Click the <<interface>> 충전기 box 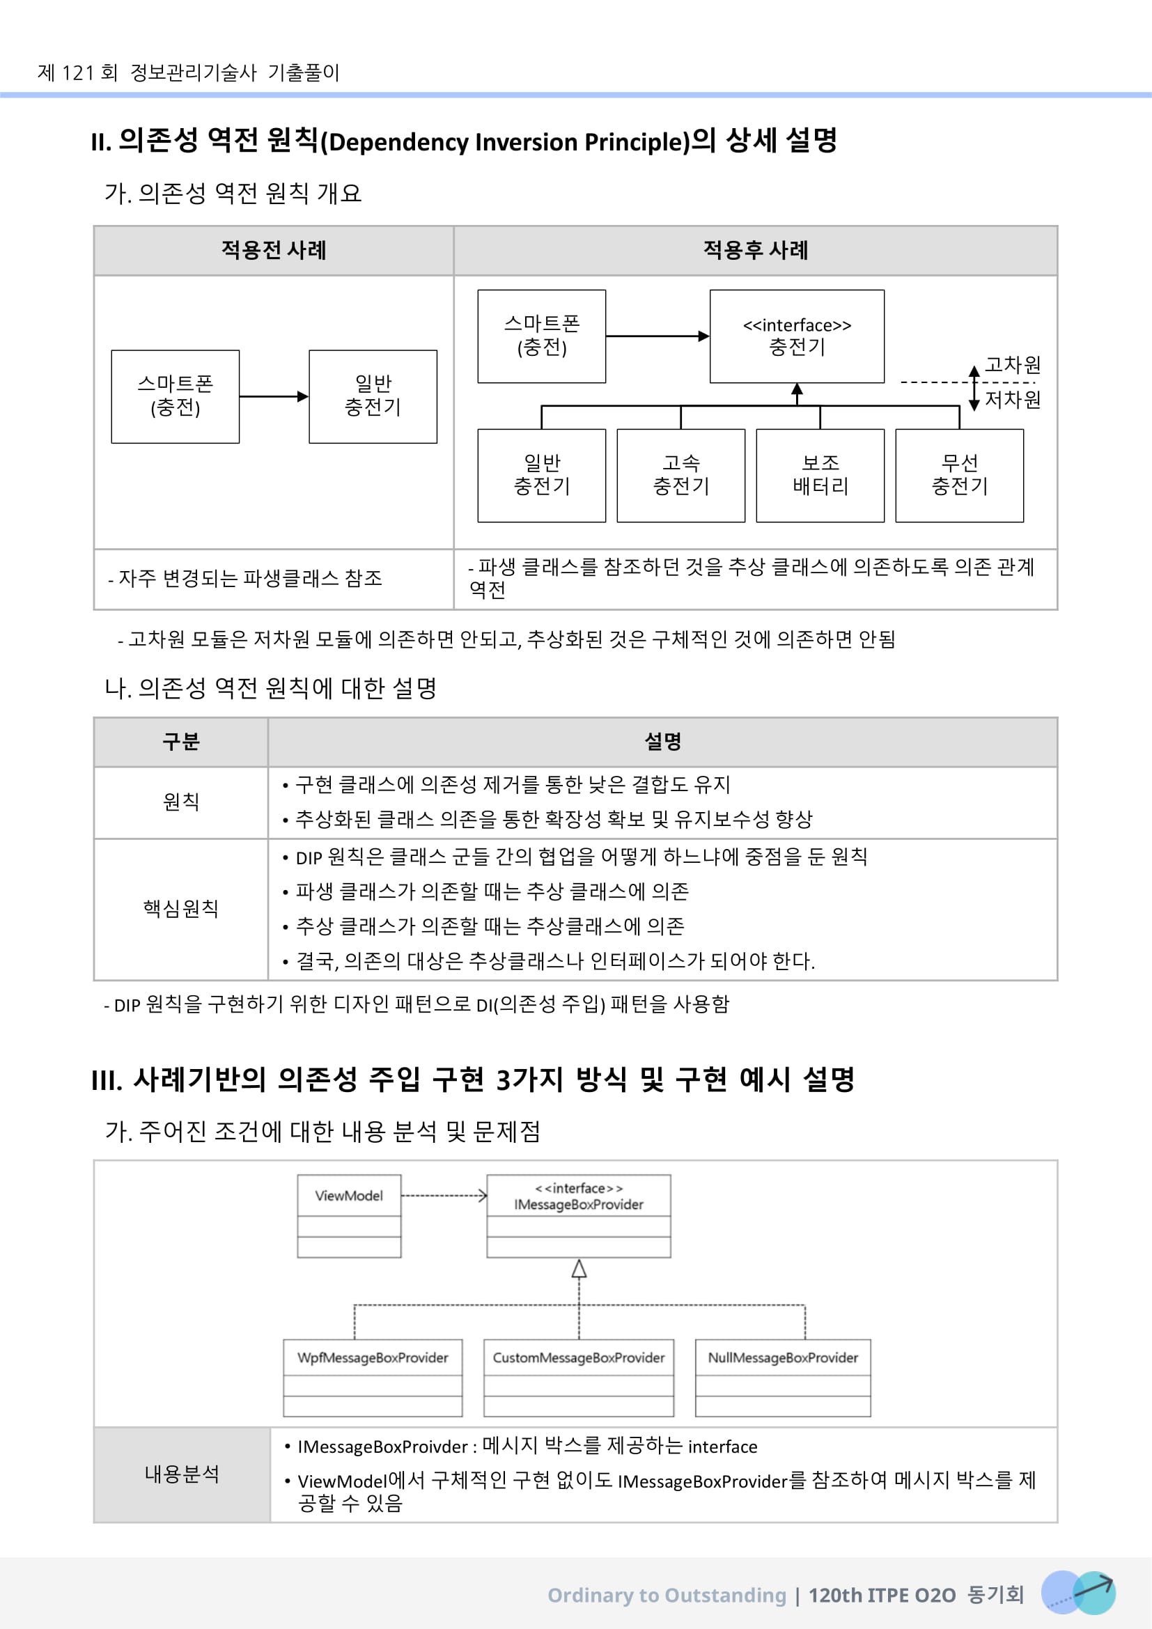click(797, 336)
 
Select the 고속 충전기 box click(681, 476)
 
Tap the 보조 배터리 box click(820, 476)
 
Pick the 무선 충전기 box click(959, 476)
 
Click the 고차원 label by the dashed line click(1013, 366)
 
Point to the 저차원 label click(1013, 400)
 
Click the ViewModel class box click(349, 1216)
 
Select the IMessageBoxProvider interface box click(578, 1216)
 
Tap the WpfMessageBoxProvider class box click(373, 1378)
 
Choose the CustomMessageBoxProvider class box click(578, 1378)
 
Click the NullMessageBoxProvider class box click(782, 1378)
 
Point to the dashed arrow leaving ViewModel click(444, 1197)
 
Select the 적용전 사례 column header click(274, 251)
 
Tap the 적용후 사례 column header click(756, 251)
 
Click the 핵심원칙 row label click(181, 909)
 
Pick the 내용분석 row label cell click(182, 1474)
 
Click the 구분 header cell click(181, 742)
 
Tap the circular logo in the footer click(1077, 1593)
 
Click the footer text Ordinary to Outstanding click(666, 1596)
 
